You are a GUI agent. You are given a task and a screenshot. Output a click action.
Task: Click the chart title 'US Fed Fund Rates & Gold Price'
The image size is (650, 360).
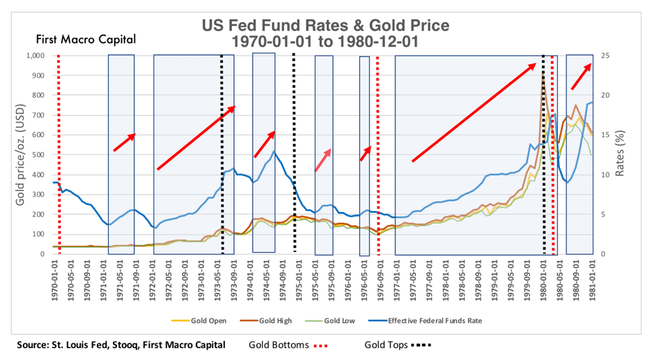325,26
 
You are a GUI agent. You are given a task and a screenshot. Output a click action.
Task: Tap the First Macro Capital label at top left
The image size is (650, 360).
86,39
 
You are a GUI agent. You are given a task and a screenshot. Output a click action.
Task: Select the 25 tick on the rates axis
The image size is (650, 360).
607,55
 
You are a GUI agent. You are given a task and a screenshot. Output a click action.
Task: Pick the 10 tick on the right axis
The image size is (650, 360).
607,174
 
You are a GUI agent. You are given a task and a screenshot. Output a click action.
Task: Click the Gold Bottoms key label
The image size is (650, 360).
278,344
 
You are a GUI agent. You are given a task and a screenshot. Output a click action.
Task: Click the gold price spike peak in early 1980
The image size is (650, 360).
543,74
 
